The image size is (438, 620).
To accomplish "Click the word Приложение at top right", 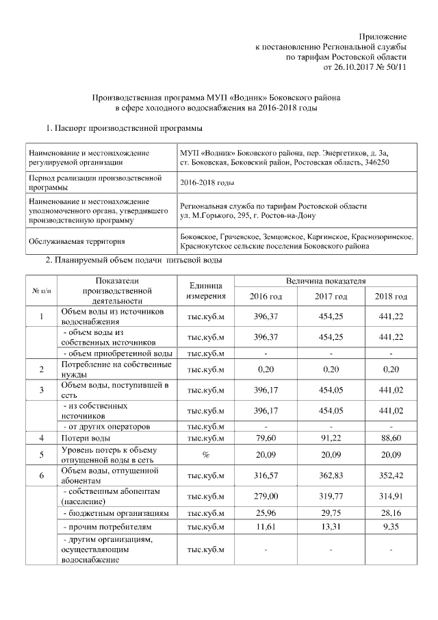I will pyautogui.click(x=383, y=36).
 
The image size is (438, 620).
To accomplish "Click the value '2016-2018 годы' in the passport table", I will pyautogui.click(x=207, y=183).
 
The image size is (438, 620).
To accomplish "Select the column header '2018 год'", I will pyautogui.click(x=391, y=296).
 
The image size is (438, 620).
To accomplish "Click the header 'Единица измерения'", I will pyautogui.click(x=206, y=290).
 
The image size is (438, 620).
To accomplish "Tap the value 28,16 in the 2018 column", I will pyautogui.click(x=391, y=512).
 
